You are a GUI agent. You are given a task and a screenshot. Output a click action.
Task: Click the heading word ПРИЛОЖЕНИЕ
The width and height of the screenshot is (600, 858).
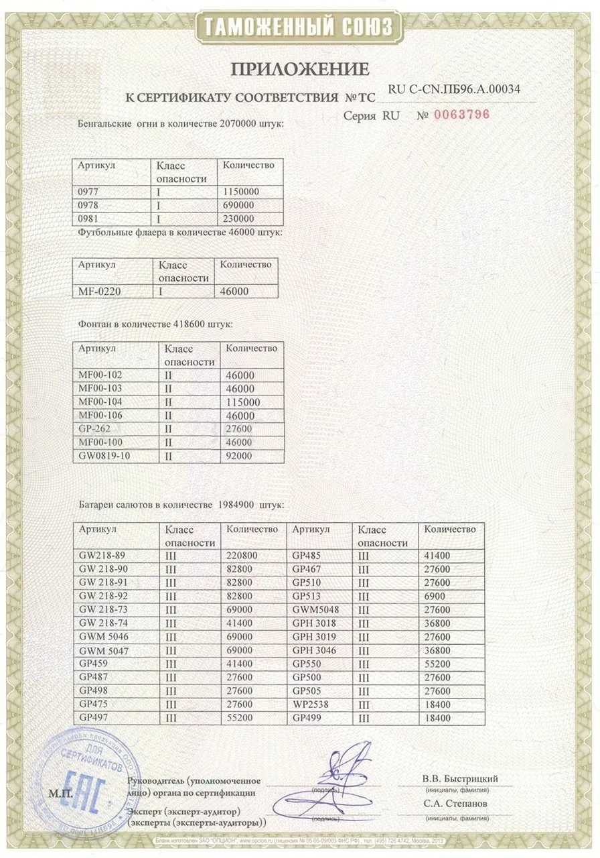point(300,68)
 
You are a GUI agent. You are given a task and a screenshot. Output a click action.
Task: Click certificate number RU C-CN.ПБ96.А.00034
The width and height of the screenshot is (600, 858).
point(454,89)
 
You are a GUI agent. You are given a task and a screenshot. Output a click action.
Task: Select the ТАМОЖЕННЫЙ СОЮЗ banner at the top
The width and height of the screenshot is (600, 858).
point(299,27)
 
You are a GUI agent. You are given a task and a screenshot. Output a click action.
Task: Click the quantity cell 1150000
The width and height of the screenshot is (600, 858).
point(240,192)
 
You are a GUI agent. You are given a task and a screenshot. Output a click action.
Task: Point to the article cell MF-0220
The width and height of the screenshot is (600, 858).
point(98,292)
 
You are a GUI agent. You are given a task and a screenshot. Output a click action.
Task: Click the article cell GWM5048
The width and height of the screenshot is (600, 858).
point(317,610)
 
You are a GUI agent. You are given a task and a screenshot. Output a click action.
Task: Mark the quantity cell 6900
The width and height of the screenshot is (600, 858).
point(437,597)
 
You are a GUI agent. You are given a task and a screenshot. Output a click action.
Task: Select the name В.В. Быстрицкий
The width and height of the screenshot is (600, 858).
point(459,779)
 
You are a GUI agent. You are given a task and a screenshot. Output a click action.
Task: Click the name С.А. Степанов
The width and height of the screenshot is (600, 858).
point(455,803)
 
